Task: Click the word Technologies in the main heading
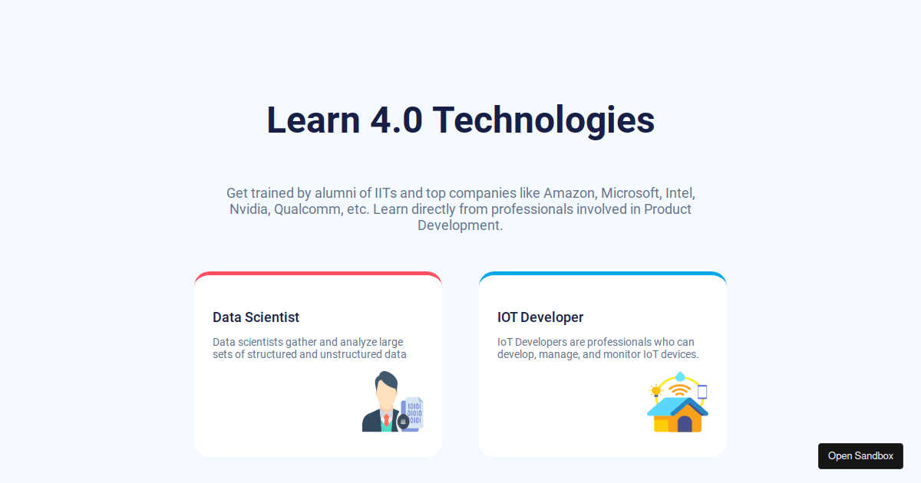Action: [543, 120]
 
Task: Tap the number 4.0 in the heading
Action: [396, 120]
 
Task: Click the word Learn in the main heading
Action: [313, 120]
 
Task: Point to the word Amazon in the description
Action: [569, 193]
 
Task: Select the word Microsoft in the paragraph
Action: [630, 193]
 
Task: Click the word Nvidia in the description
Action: [248, 209]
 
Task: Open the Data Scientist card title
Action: [256, 317]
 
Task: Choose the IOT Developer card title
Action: [540, 317]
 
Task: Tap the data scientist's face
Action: [386, 394]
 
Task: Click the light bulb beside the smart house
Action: [655, 390]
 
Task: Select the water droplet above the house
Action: [680, 376]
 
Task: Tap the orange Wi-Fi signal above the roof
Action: [678, 390]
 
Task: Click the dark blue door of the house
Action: [685, 424]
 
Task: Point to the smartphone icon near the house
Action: [701, 392]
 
